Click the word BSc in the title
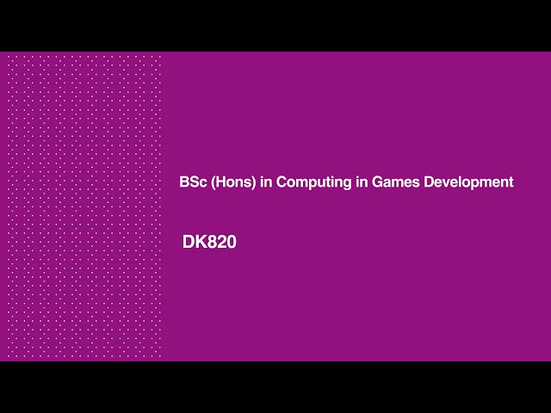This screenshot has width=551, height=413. [x=191, y=182]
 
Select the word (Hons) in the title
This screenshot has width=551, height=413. [x=231, y=182]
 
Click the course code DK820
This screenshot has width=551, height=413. [x=209, y=243]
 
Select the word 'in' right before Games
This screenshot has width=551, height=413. [x=362, y=182]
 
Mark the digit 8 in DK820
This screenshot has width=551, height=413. [x=213, y=243]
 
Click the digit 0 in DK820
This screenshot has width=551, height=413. [x=232, y=243]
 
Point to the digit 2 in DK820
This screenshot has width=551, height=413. [x=222, y=243]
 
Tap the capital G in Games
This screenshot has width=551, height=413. [x=378, y=182]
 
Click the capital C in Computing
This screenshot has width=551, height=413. [x=281, y=182]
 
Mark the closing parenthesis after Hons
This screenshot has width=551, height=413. [x=252, y=182]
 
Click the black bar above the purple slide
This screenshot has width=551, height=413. [x=275, y=26]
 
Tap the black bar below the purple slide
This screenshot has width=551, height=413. [x=275, y=387]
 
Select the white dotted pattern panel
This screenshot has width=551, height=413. [x=84, y=206]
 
